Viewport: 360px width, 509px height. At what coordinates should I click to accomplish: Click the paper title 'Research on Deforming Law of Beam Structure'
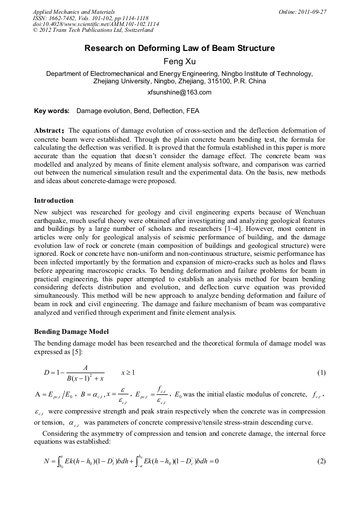click(179, 48)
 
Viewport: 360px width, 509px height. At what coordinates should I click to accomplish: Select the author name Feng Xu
click(179, 62)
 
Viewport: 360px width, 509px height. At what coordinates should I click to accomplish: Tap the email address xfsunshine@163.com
click(179, 92)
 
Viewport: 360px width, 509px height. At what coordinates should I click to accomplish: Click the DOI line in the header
click(96, 24)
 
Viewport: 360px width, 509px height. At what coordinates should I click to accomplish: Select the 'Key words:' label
click(52, 111)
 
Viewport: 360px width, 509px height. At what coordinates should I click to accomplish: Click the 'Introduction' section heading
click(54, 201)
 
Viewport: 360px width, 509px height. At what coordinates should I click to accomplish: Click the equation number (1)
click(321, 373)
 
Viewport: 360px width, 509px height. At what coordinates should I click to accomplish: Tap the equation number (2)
click(321, 461)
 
